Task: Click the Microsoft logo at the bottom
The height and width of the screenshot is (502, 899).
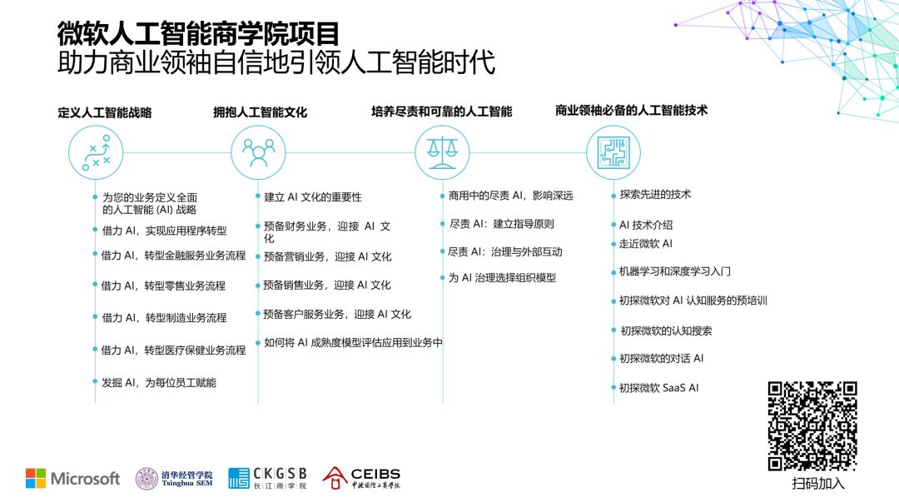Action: click(72, 478)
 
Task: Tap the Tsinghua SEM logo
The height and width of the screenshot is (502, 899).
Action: click(174, 478)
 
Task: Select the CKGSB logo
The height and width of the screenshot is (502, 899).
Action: click(267, 478)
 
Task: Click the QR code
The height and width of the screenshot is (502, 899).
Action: click(812, 425)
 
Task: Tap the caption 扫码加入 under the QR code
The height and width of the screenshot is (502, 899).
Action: click(817, 484)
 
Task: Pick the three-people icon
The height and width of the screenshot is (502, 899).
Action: click(258, 152)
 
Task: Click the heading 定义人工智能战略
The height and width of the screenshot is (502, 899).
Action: click(105, 112)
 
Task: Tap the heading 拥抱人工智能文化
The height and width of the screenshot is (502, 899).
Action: click(260, 112)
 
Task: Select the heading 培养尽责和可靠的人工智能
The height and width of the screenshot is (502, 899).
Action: click(441, 112)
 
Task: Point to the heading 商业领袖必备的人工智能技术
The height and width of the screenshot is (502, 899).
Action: click(631, 110)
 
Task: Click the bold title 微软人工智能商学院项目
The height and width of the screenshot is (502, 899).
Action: click(198, 34)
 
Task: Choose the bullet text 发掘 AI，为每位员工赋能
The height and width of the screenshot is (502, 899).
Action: click(158, 382)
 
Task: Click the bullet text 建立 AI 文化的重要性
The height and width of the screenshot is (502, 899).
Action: click(313, 197)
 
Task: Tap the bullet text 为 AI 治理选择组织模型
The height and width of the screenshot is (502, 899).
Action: click(502, 277)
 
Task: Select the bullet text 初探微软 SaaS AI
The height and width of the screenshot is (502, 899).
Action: click(658, 387)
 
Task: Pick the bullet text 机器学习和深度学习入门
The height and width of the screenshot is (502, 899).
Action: click(675, 271)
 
